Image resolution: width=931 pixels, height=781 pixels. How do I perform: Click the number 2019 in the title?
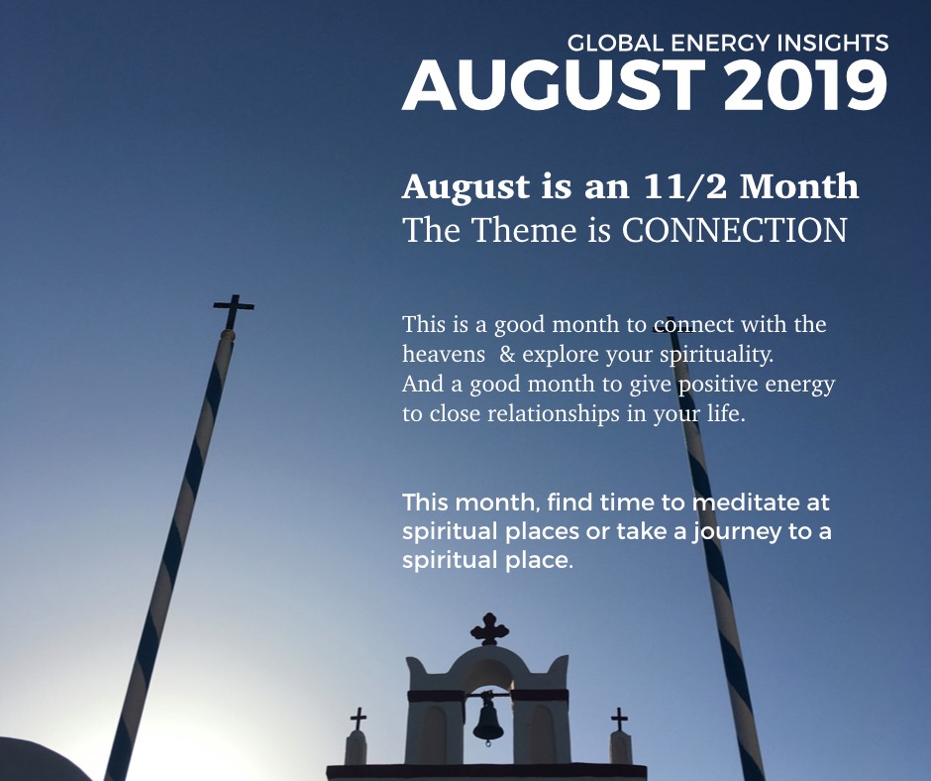click(x=806, y=85)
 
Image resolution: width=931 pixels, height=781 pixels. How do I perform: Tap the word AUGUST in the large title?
click(x=554, y=85)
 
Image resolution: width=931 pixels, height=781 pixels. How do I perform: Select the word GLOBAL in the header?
click(x=615, y=43)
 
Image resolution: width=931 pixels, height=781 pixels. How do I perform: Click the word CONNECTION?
click(x=735, y=230)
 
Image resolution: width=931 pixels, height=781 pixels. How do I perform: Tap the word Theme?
click(x=524, y=230)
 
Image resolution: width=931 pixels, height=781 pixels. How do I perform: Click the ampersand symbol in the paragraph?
click(x=507, y=354)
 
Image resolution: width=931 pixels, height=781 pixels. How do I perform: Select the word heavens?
click(x=444, y=354)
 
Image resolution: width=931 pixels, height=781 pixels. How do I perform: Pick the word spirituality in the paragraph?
click(x=717, y=355)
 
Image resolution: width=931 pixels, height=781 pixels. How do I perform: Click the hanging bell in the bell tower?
click(x=488, y=720)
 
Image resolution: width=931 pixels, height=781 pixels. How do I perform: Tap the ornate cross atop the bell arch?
click(x=489, y=628)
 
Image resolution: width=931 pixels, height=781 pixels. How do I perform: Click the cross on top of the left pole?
click(x=234, y=310)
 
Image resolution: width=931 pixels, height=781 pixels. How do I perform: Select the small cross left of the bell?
click(x=358, y=719)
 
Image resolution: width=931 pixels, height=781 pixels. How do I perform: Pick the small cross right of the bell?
click(x=619, y=720)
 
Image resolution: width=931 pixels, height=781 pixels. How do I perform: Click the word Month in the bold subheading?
click(x=799, y=186)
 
